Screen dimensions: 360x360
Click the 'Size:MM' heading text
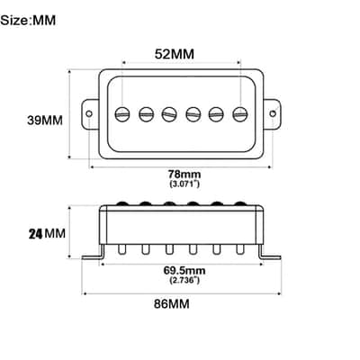click(x=28, y=21)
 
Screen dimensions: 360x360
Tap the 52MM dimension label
click(x=175, y=54)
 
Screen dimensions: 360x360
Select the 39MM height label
click(x=45, y=121)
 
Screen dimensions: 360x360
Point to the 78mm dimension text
click(x=184, y=174)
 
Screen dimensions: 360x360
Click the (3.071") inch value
click(x=184, y=184)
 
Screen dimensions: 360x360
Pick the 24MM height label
click(x=47, y=233)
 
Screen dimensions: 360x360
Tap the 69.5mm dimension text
click(x=184, y=271)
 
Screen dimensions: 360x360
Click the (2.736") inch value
click(x=184, y=280)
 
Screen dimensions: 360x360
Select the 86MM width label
click(x=172, y=304)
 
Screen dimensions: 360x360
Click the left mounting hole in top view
click(x=89, y=113)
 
